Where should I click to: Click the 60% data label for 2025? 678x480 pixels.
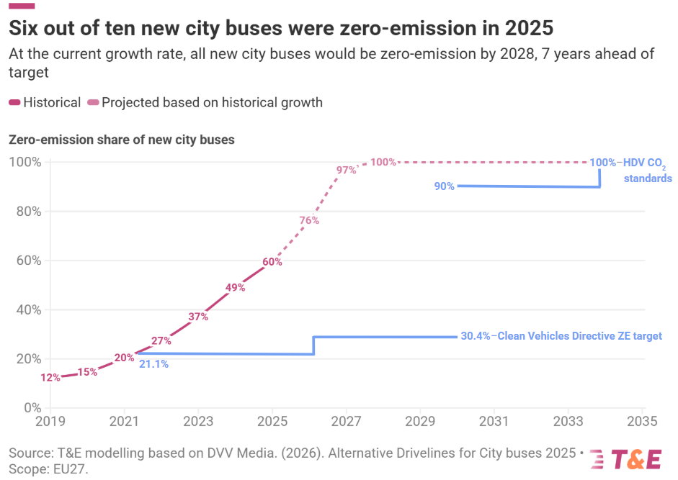(x=272, y=262)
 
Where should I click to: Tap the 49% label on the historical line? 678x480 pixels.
(x=236, y=287)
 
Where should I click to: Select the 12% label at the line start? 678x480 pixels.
(x=50, y=378)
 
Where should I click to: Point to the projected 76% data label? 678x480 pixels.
(x=309, y=221)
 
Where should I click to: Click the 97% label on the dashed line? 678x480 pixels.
(x=346, y=171)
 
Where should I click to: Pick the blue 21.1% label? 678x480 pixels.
(x=153, y=364)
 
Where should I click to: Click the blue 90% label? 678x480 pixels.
(x=444, y=186)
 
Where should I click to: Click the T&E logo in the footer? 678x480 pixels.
(x=625, y=459)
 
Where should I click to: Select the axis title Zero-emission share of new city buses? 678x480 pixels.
(x=122, y=140)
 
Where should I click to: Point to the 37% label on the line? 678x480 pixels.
(x=198, y=317)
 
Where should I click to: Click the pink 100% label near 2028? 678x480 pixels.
(x=383, y=162)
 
